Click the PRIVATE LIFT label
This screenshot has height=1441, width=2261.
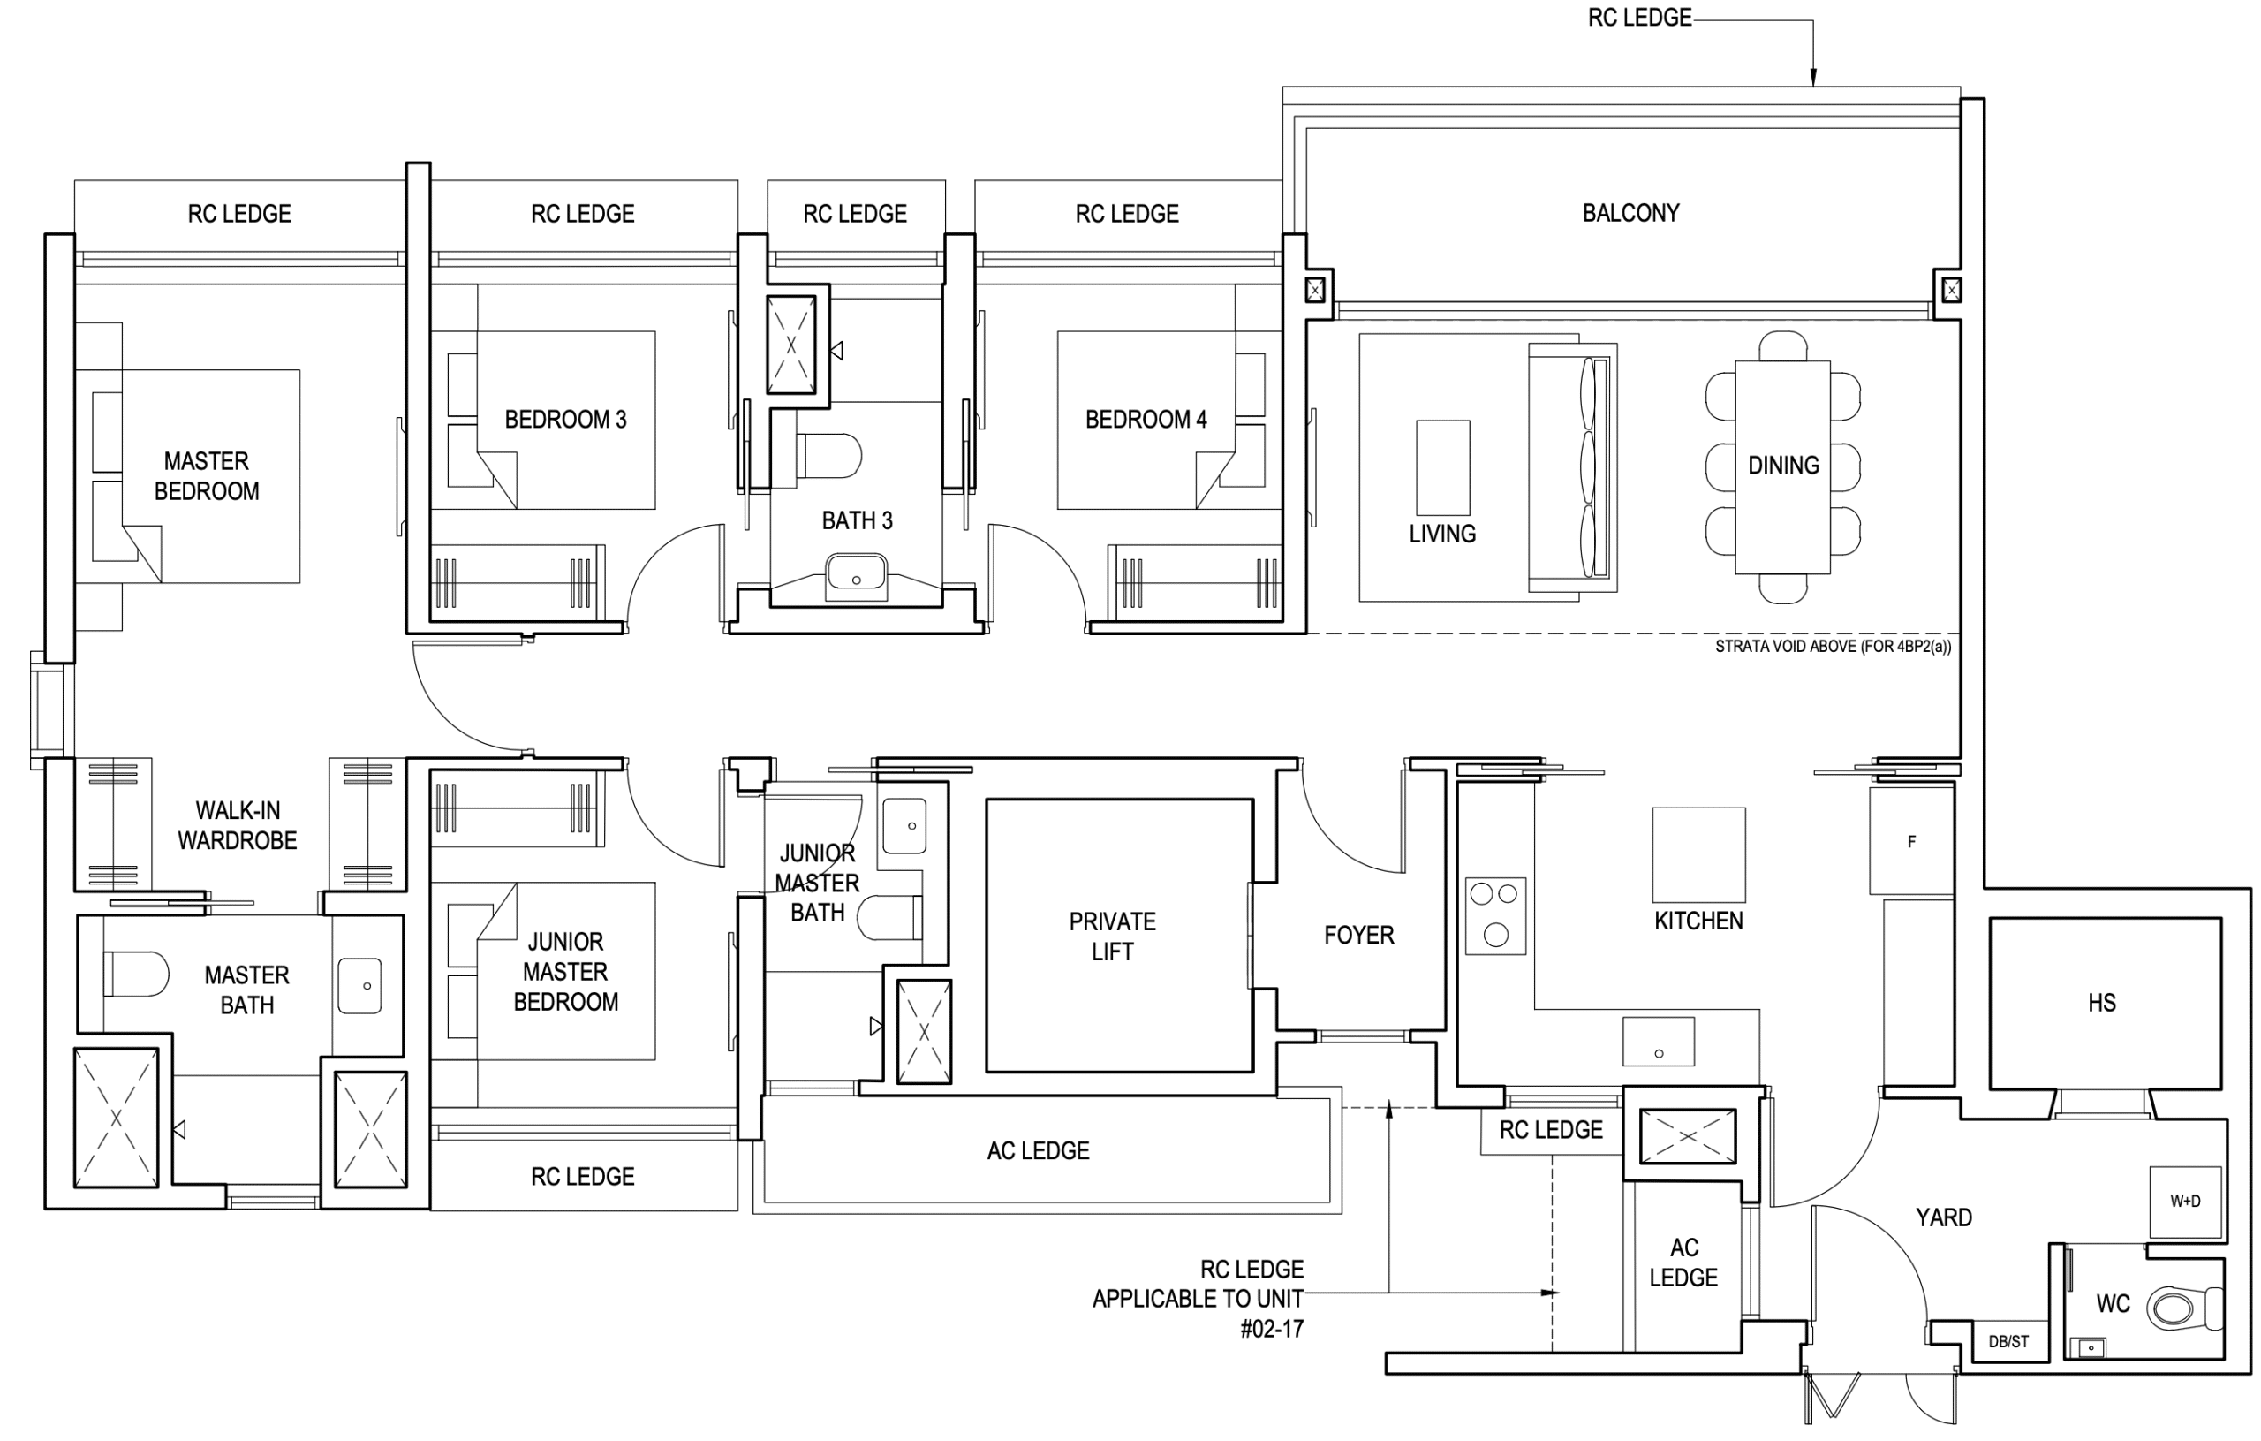click(x=1113, y=936)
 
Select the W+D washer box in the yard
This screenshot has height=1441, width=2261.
click(x=2185, y=1202)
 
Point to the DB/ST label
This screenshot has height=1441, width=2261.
click(x=2008, y=1341)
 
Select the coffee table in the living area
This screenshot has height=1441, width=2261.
click(x=1443, y=466)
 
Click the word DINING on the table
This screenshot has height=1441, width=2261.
click(x=1783, y=465)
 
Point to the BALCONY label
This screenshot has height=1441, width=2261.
click(x=1631, y=213)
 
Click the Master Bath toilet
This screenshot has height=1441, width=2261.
click(x=136, y=975)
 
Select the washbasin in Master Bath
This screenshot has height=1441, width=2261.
click(x=359, y=985)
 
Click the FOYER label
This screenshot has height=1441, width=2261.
click(x=1358, y=936)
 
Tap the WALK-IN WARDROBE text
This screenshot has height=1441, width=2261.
click(x=238, y=826)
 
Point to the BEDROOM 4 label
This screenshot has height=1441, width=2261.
click(x=1146, y=419)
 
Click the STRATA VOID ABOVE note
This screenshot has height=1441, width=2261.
click(x=1833, y=647)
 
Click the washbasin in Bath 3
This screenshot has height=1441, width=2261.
click(x=856, y=576)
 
